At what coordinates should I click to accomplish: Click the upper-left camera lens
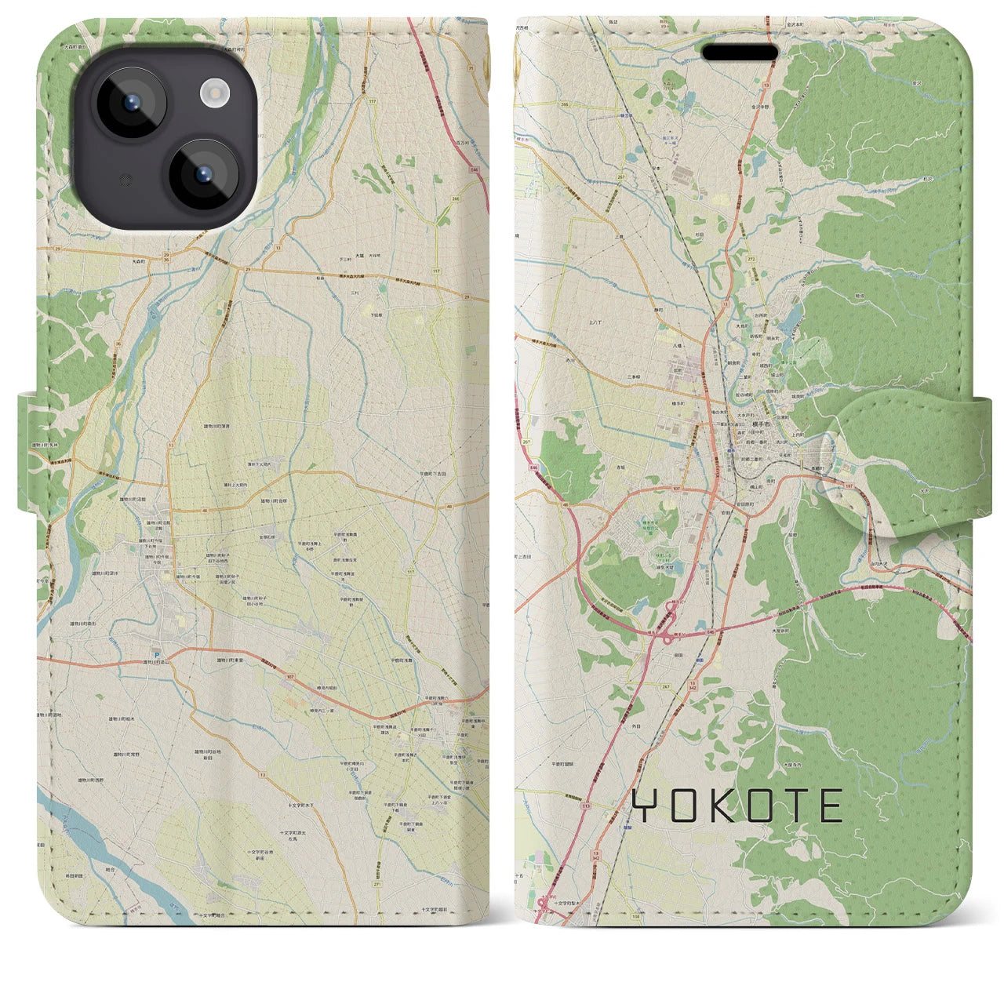(x=130, y=104)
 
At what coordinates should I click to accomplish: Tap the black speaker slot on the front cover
(x=740, y=53)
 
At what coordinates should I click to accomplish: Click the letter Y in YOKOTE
(x=645, y=806)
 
